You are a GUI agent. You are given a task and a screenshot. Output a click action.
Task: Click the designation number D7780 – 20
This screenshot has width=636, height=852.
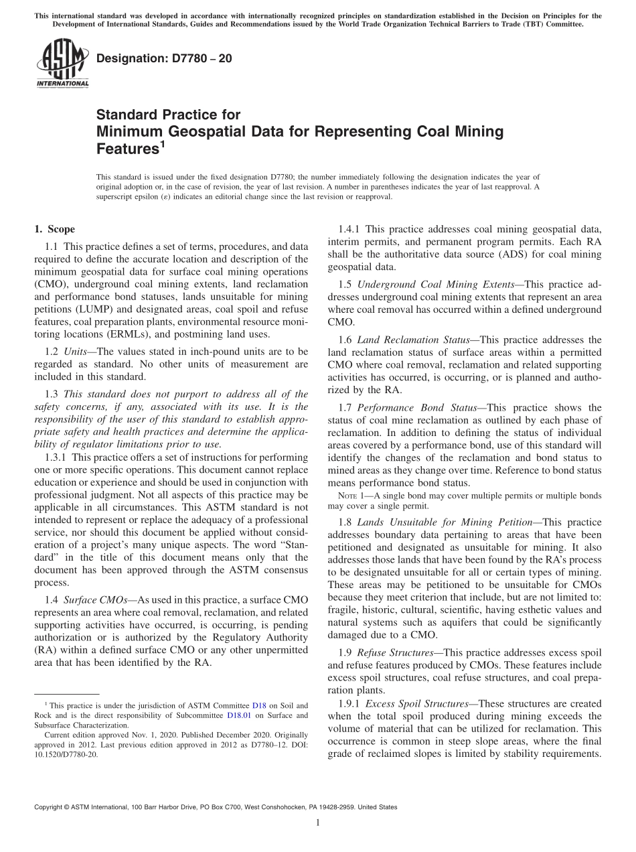[165, 59]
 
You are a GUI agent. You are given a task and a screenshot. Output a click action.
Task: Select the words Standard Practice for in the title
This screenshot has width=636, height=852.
[168, 115]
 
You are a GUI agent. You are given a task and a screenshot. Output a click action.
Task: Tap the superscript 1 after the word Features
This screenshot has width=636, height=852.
[161, 143]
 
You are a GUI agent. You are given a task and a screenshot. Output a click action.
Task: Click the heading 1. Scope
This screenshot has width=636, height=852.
[54, 229]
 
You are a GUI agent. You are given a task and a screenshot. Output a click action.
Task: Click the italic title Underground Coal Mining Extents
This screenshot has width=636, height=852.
[434, 285]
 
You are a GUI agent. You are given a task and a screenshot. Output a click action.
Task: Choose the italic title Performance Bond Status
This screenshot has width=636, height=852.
[412, 407]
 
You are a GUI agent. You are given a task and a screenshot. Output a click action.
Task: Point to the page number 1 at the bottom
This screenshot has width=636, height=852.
[318, 823]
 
